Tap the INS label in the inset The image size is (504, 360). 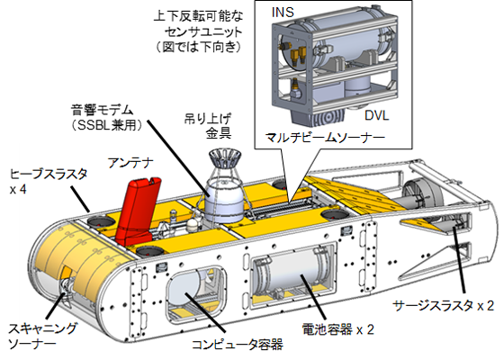click(283, 12)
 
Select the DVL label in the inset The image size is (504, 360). click(376, 115)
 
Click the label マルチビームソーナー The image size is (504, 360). click(325, 138)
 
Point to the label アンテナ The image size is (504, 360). click(130, 163)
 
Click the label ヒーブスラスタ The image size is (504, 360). click(49, 174)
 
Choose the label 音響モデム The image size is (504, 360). click(102, 110)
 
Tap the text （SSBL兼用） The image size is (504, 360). click(106, 125)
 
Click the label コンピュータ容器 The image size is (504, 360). click(238, 344)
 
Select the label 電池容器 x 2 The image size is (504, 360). click(337, 329)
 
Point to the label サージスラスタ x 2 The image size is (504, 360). click(444, 305)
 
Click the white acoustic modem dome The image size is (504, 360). click(224, 204)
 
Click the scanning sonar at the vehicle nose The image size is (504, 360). click(65, 289)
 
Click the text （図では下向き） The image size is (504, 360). click(198, 47)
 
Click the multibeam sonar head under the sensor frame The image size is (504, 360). click(319, 116)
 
